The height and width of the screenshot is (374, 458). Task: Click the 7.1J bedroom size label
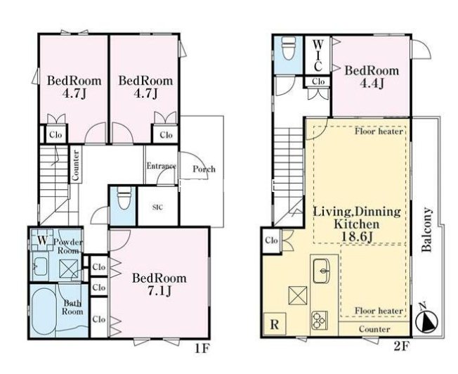[159, 291]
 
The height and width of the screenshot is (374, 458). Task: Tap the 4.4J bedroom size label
[372, 84]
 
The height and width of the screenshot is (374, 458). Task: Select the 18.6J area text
[357, 237]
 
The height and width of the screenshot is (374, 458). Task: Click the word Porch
[204, 169]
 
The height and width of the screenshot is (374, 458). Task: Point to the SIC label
[158, 207]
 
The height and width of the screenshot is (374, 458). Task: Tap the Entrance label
[162, 166]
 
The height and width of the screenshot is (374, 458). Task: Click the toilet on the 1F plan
[124, 198]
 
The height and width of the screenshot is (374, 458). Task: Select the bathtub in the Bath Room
[44, 313]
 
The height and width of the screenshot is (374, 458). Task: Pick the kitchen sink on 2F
[322, 271]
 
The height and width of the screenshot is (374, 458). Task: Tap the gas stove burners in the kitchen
[320, 321]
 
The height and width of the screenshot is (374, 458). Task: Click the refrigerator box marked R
[275, 323]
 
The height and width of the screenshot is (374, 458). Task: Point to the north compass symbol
[427, 319]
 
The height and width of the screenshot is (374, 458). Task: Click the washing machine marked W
[42, 240]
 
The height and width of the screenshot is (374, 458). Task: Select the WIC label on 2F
[318, 56]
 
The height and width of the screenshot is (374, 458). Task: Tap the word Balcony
[427, 230]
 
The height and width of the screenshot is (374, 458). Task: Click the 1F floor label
[202, 348]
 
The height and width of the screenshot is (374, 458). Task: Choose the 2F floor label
[402, 346]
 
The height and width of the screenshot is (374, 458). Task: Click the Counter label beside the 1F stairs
[75, 165]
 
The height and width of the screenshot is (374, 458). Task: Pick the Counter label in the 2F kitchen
[374, 329]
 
